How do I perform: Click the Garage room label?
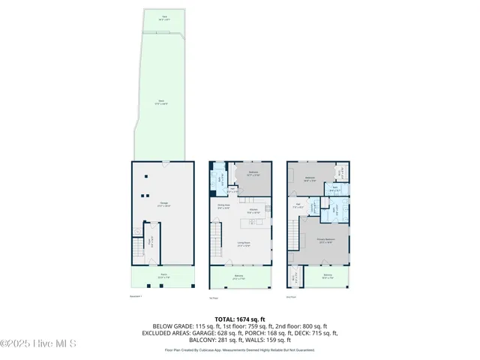click(162, 203)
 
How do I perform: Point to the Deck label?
click(161, 102)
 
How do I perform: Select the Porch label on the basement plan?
click(163, 275)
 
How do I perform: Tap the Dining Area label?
click(223, 207)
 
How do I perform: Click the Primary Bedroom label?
click(325, 241)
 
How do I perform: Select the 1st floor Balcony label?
click(239, 277)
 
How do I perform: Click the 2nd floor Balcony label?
click(328, 276)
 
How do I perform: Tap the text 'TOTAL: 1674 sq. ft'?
click(240, 319)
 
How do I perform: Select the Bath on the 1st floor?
click(220, 181)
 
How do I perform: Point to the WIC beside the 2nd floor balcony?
click(295, 277)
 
